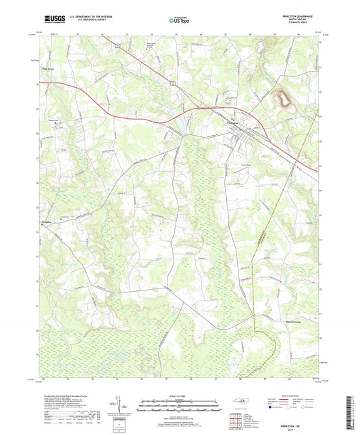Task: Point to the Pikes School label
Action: pyautogui.click(x=47, y=66)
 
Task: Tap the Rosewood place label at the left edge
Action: pyautogui.click(x=47, y=220)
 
